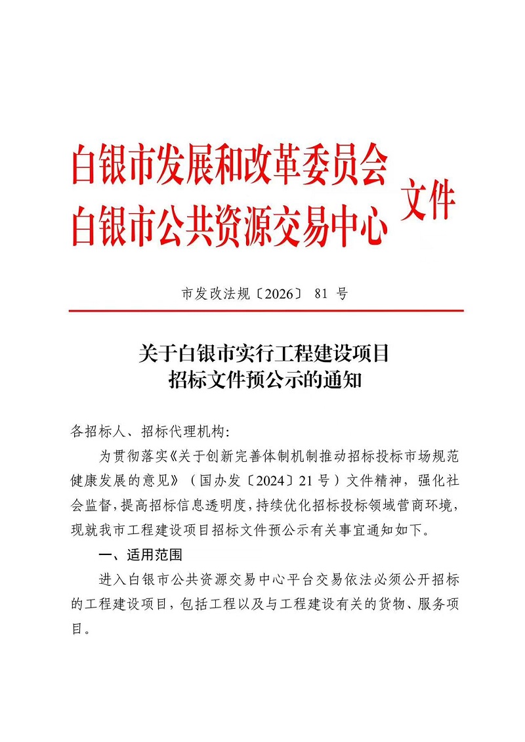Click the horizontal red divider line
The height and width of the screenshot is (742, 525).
[266, 310]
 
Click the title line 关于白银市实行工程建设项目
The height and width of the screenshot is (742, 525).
[264, 354]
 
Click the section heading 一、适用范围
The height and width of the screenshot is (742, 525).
[140, 555]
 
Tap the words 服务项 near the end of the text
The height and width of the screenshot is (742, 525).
[436, 604]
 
